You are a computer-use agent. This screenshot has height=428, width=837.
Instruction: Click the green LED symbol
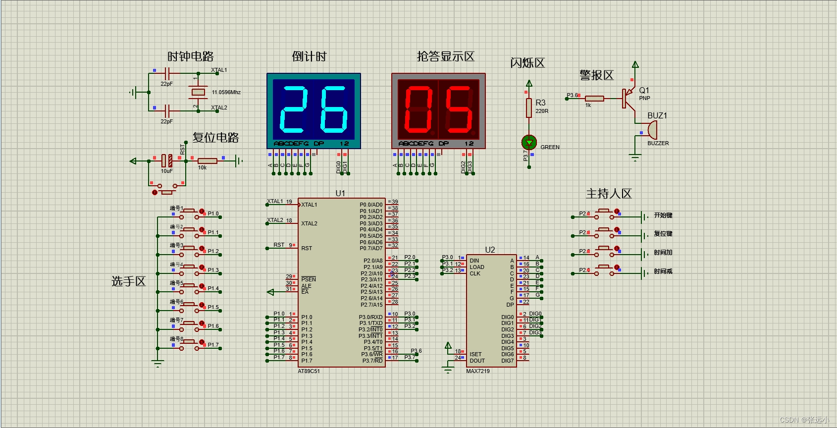click(529, 143)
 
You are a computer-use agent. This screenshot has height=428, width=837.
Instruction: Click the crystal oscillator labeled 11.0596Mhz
click(198, 92)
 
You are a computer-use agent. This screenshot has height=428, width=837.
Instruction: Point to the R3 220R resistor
click(529, 107)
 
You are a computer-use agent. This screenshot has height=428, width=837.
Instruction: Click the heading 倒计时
click(309, 56)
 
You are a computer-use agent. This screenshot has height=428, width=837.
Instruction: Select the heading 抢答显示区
click(445, 56)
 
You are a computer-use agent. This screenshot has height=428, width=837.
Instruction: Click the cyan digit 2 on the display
click(294, 110)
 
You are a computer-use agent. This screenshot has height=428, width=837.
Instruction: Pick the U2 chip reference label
click(490, 250)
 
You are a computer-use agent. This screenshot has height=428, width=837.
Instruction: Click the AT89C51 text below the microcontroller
click(309, 371)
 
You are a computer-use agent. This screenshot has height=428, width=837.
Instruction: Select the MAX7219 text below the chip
click(478, 371)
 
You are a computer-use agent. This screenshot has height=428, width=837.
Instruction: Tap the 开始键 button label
click(663, 215)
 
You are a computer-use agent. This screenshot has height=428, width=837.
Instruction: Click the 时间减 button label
click(663, 271)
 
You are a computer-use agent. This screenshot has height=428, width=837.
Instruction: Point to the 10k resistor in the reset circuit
click(207, 160)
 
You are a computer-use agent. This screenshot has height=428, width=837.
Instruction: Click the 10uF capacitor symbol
click(167, 160)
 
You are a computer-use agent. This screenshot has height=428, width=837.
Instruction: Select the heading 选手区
click(129, 281)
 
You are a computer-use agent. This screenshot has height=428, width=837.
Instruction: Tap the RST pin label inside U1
click(307, 248)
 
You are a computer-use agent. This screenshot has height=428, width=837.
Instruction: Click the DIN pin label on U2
click(474, 261)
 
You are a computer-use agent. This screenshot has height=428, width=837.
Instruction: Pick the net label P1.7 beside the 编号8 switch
click(213, 345)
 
